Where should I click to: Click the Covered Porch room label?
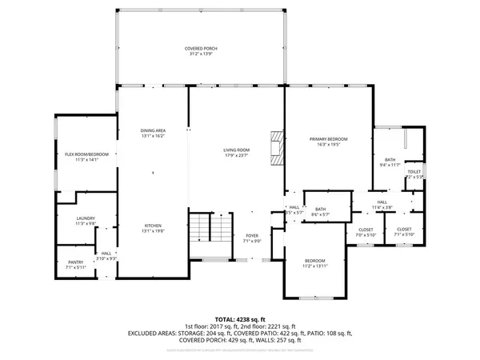point(202,49)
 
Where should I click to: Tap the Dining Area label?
point(154,130)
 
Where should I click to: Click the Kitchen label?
point(154,226)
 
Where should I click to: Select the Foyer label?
point(254,237)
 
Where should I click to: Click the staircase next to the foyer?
point(210,232)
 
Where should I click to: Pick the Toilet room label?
point(414,171)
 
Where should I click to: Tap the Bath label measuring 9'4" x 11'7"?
point(390,160)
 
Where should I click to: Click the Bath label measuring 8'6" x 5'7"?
point(320,210)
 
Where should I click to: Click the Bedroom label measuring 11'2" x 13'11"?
point(316,262)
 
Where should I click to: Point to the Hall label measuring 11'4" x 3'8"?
point(382,202)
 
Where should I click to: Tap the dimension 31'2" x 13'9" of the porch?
point(202,54)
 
